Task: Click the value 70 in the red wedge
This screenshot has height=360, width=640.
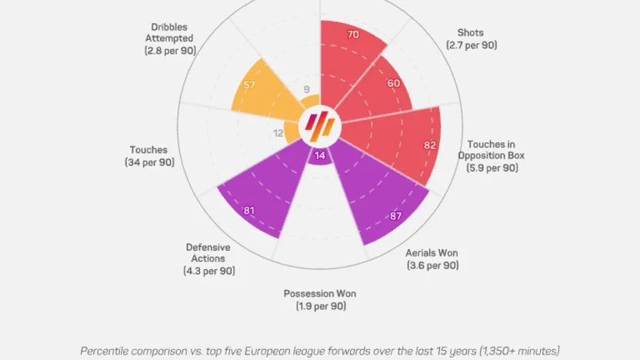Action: tap(353, 35)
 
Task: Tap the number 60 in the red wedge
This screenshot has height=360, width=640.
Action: tap(394, 83)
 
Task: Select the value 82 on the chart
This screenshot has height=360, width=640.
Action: tap(430, 144)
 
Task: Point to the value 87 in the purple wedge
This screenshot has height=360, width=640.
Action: tap(396, 216)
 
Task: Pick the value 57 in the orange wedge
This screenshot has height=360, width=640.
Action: tap(249, 85)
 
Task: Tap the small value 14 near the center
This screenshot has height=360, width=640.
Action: tap(320, 155)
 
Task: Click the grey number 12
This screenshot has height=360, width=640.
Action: tap(278, 132)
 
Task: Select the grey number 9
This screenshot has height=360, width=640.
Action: tap(307, 89)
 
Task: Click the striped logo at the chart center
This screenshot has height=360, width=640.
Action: tap(320, 123)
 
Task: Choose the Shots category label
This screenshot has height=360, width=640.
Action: tap(471, 38)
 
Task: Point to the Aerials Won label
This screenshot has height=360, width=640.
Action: tap(432, 258)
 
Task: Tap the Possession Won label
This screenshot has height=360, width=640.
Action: tap(320, 299)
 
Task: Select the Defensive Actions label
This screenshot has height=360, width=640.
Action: tap(209, 259)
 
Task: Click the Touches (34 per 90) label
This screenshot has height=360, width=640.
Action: tap(149, 156)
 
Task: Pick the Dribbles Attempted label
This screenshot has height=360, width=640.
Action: tap(170, 38)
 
